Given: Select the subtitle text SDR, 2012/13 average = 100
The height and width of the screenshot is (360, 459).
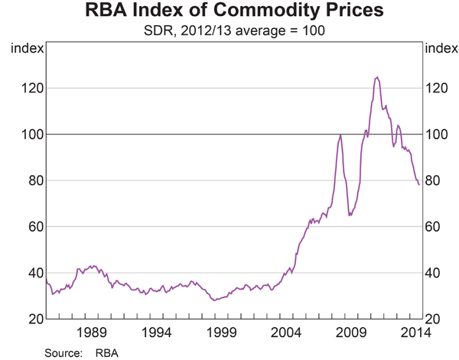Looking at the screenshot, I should [229, 32].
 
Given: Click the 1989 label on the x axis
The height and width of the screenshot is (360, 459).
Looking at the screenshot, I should [91, 333].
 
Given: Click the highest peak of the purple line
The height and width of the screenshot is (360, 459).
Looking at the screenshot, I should [376, 77].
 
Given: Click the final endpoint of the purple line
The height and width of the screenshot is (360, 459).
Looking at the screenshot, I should [418, 184].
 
